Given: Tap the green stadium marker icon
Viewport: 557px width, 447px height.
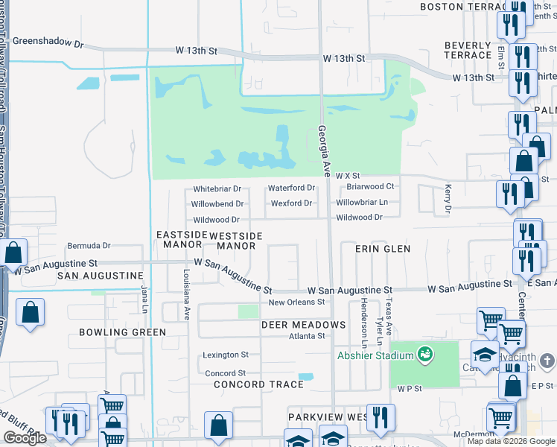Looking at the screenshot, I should point(425,354).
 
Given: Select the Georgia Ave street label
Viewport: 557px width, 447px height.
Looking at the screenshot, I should point(324,150).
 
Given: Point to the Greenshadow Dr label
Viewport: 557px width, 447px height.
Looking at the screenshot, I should point(45,42).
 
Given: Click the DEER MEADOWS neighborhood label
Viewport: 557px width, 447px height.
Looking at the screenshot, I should point(303,325).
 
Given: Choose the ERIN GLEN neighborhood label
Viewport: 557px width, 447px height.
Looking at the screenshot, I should point(384,248).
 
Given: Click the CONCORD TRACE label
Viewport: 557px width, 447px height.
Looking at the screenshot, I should point(258,384).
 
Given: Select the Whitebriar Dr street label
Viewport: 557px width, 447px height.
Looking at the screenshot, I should point(217,189).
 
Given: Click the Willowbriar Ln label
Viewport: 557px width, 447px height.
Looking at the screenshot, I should point(362,202).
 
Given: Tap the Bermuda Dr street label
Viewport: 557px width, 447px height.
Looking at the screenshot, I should point(89,245).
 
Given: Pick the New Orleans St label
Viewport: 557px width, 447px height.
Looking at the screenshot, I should point(297,302).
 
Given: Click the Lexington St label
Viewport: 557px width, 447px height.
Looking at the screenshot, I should point(226,355).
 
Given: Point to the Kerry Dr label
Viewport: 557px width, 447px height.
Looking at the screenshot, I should point(448,199).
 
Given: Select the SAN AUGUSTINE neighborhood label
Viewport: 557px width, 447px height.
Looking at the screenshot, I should point(100,276).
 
